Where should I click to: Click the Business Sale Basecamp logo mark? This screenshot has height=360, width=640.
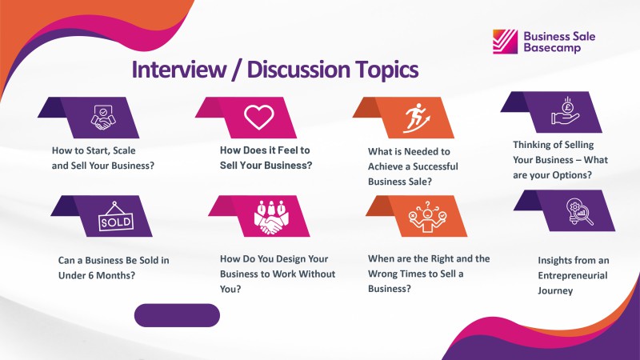[505, 42]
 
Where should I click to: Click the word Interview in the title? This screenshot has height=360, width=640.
[178, 70]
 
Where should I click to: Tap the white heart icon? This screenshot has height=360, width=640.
[258, 117]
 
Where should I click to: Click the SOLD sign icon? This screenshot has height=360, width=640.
[116, 217]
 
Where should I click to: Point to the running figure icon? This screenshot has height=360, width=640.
[416, 118]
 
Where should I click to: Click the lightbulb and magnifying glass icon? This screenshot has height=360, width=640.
[579, 211]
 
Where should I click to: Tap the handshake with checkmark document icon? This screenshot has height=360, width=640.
[103, 118]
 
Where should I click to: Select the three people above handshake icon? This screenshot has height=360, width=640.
[270, 217]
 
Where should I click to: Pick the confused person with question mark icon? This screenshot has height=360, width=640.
[427, 217]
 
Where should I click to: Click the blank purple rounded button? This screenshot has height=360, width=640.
[177, 315]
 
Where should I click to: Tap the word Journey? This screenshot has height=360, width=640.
[555, 290]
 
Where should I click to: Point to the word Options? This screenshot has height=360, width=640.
[572, 175]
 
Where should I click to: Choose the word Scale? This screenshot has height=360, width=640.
[124, 150]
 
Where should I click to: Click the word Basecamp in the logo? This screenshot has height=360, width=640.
[552, 48]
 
